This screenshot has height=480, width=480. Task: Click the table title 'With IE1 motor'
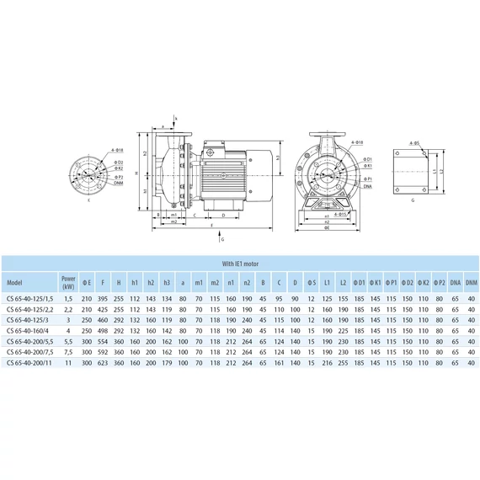click(x=240, y=262)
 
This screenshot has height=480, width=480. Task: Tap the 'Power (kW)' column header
click(x=68, y=280)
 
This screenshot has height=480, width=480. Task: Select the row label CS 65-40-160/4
click(x=27, y=330)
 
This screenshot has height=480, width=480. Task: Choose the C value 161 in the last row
click(x=279, y=362)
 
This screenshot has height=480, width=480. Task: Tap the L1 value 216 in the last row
click(x=328, y=362)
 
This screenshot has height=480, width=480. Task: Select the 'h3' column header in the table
click(x=167, y=280)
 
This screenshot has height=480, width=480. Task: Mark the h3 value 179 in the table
click(x=167, y=362)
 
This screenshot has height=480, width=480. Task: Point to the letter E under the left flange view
click(x=87, y=202)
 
